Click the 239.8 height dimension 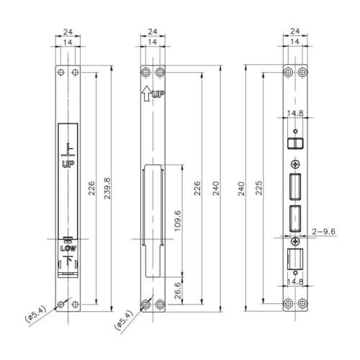[x=107, y=189]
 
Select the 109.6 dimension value [x=177, y=221]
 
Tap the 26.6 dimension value [x=178, y=290]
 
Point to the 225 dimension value [x=258, y=188]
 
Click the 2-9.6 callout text [x=323, y=232]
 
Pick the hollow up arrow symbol [x=146, y=94]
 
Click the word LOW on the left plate [x=68, y=248]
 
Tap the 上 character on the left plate [x=68, y=150]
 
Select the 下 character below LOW [x=68, y=261]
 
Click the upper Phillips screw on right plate [x=295, y=164]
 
